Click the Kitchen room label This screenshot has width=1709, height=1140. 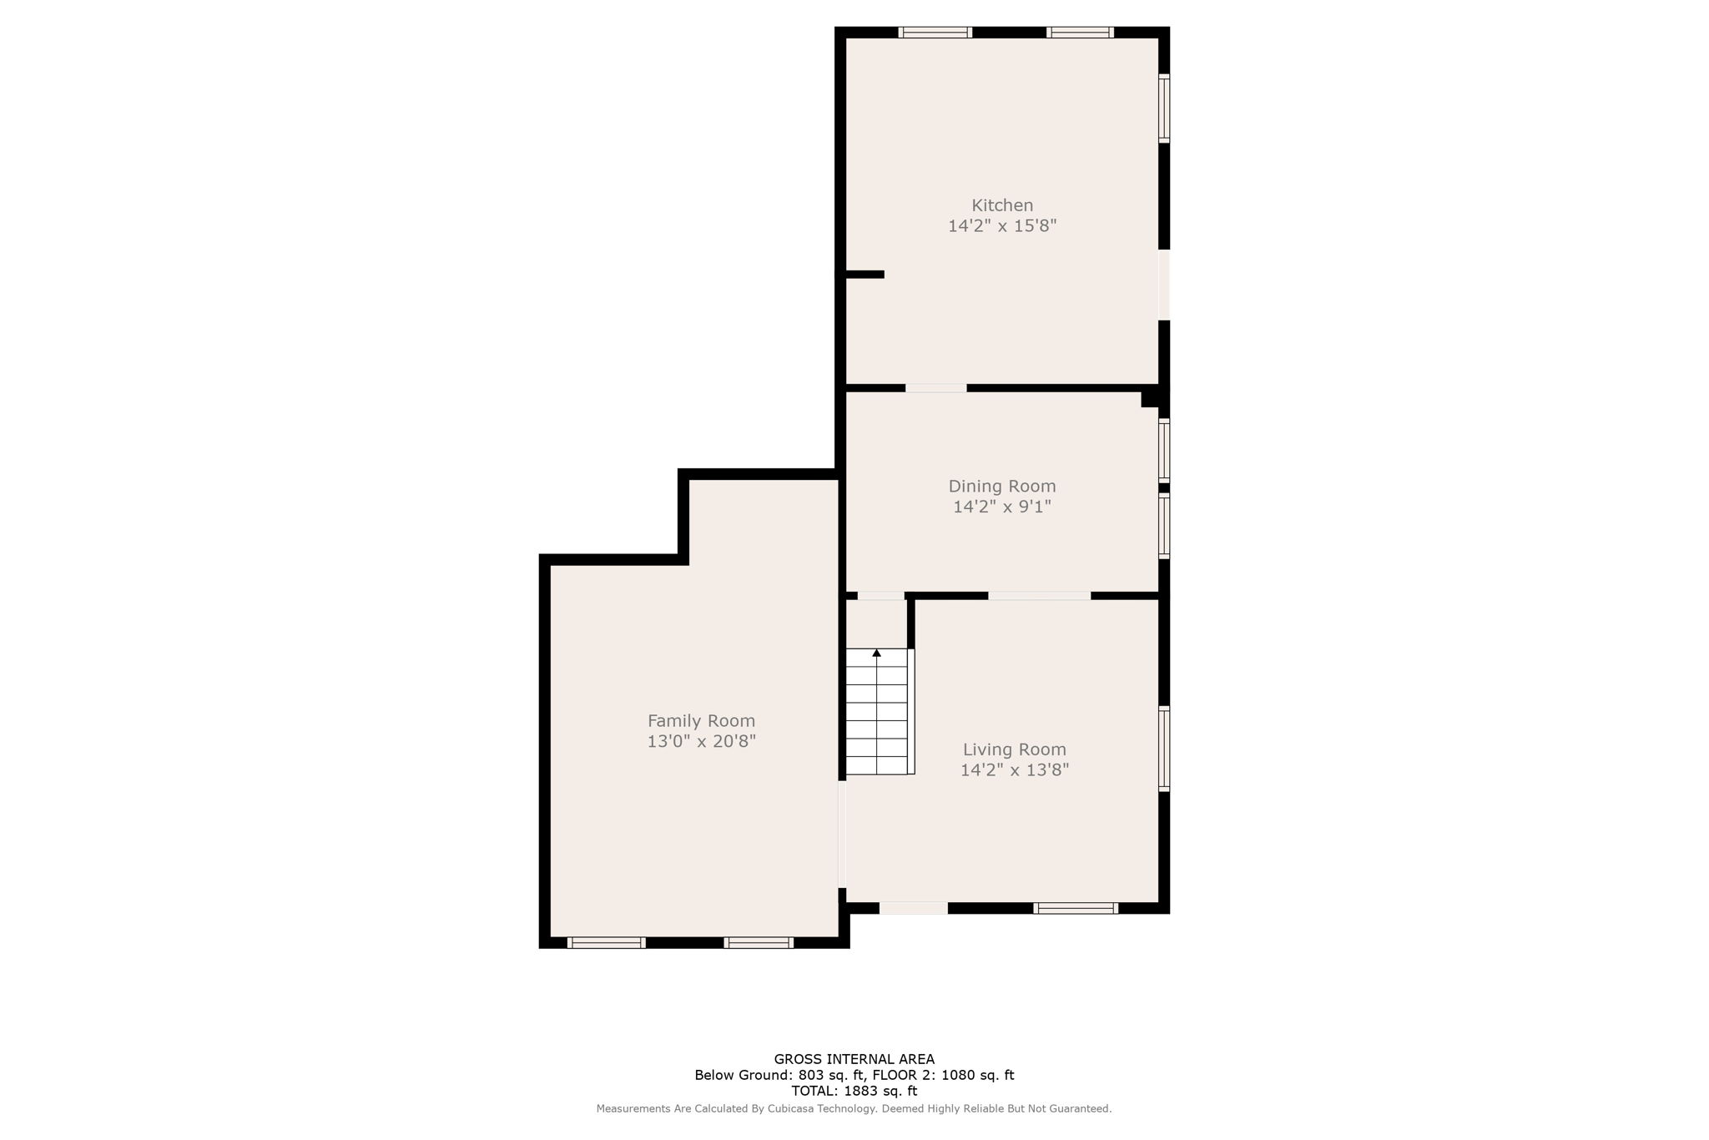tap(1001, 205)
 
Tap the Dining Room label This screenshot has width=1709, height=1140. tap(1001, 487)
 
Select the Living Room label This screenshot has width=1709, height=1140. tap(1014, 749)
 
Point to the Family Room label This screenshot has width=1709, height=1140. tap(701, 721)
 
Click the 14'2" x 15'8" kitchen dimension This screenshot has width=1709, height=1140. tap(1001, 226)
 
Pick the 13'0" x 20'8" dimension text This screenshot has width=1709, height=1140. tap(701, 741)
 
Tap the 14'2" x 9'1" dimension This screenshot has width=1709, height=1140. tap(1001, 507)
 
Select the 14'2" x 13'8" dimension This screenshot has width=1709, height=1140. tap(1014, 769)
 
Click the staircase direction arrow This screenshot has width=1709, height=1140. tap(876, 653)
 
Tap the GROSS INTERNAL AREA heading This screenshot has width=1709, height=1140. tap(854, 1060)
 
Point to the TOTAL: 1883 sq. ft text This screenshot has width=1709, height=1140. tap(854, 1091)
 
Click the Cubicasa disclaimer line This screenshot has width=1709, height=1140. tap(854, 1109)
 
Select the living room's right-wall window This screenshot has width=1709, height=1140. tap(1163, 748)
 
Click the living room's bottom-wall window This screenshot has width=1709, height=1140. tap(1075, 908)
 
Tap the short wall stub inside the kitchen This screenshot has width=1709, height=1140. tap(865, 275)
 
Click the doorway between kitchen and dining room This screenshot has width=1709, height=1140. tap(935, 388)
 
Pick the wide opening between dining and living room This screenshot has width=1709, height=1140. tap(1039, 596)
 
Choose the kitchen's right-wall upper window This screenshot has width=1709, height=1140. tap(1163, 108)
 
